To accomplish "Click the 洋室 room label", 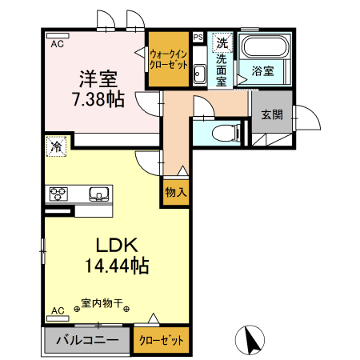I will coord(98,79).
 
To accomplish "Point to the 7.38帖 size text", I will coord(98,99).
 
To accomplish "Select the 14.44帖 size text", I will coord(118,266).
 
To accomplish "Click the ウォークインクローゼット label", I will coord(169,58).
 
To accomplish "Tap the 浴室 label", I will coord(262,71).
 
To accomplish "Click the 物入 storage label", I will coord(176,191).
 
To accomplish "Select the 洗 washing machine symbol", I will coord(222,43).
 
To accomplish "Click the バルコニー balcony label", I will coord(87,340).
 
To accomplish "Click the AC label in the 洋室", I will coord(58,45).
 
